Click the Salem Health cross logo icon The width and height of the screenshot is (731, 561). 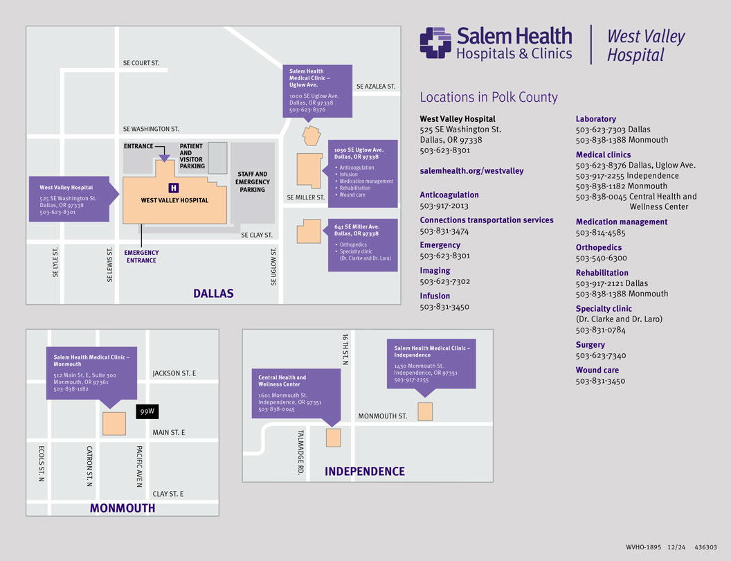[x=435, y=42]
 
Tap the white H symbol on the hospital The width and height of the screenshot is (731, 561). [x=174, y=188]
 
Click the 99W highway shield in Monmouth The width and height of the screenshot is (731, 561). [x=147, y=411]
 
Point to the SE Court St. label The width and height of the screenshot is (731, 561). [x=141, y=63]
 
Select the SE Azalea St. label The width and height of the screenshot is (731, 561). [x=376, y=87]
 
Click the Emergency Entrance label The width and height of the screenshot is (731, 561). [x=142, y=256]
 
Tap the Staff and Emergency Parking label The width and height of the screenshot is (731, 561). [x=252, y=182]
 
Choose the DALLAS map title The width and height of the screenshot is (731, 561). [x=213, y=294]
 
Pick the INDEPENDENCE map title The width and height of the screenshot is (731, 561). [x=365, y=472]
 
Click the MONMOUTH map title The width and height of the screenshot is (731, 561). [x=123, y=508]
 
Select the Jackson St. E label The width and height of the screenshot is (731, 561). [x=174, y=374]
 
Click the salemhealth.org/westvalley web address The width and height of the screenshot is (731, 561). [x=471, y=170]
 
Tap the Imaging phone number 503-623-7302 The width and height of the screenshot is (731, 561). [x=444, y=281]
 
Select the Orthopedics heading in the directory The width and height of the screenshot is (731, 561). [x=599, y=247]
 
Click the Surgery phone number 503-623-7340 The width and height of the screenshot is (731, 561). [x=601, y=355]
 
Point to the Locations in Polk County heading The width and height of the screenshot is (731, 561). [x=489, y=98]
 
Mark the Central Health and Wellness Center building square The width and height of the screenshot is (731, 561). [x=333, y=437]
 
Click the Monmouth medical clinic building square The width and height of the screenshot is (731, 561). [x=114, y=423]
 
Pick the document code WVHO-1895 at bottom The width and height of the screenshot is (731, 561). [x=642, y=546]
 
